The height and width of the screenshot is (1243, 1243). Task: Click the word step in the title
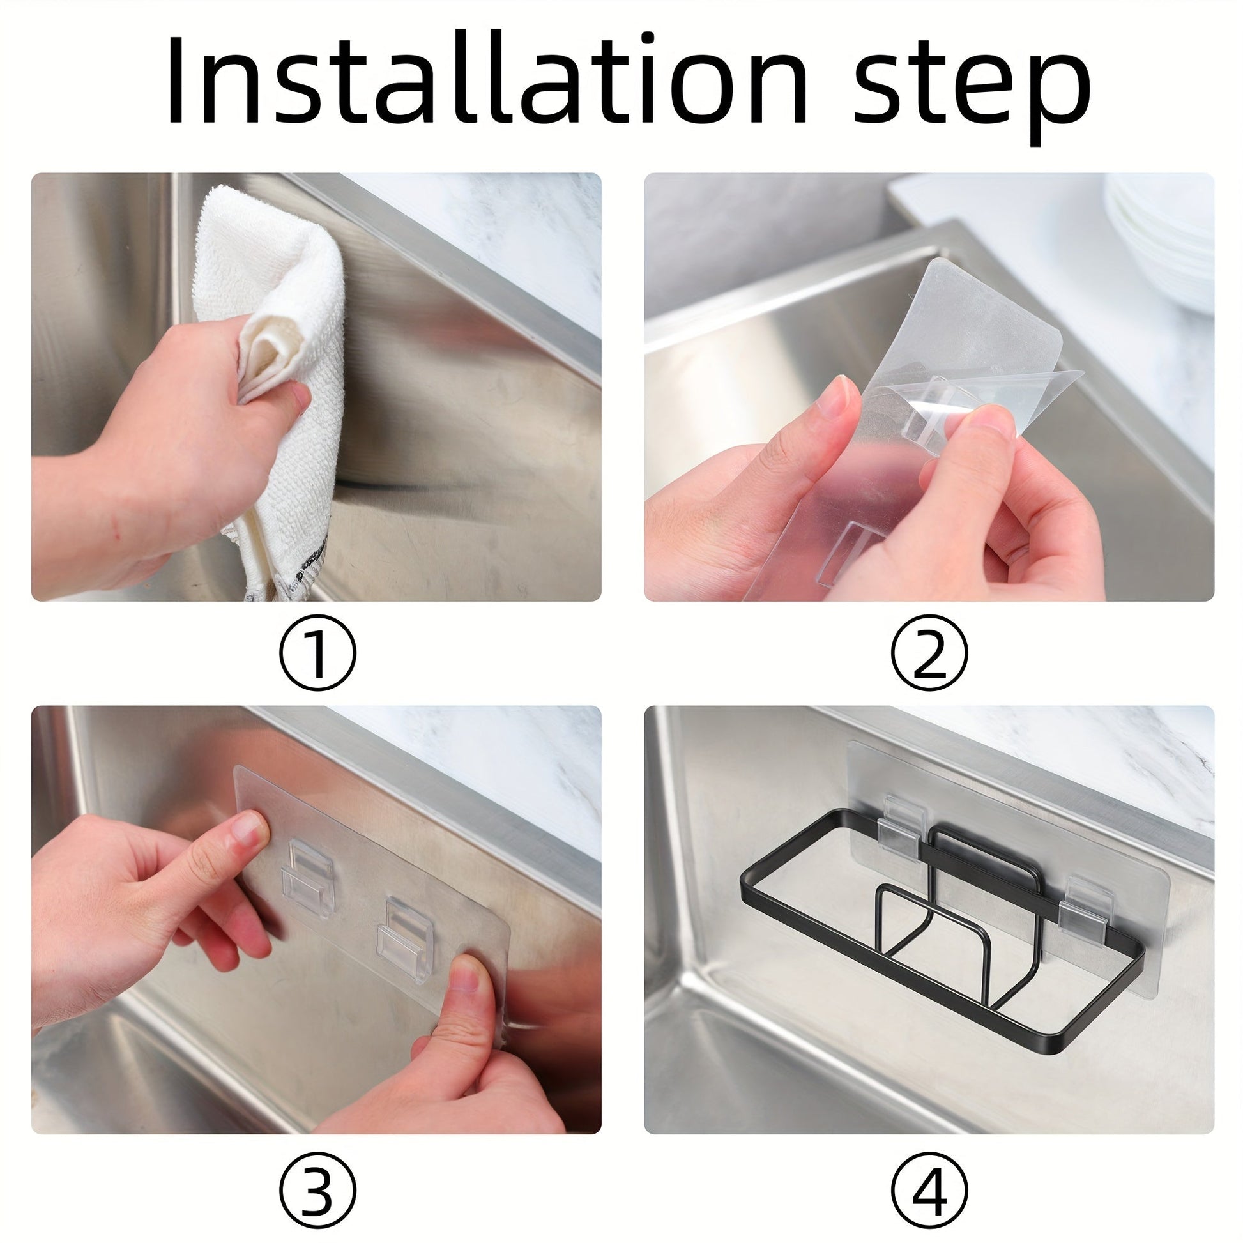click(x=972, y=90)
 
